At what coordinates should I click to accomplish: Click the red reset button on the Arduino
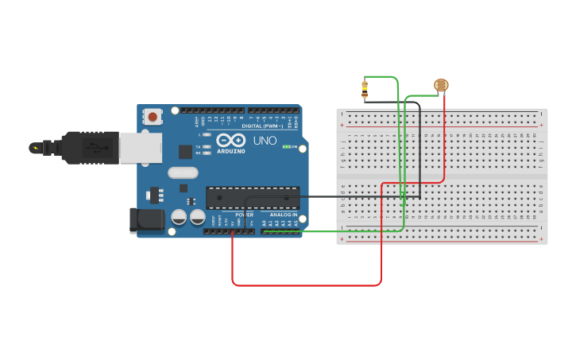tap(153, 117)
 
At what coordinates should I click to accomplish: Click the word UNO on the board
tap(265, 141)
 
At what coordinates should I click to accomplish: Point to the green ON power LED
tap(286, 147)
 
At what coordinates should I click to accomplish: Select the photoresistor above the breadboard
tap(441, 85)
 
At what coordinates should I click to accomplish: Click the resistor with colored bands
tap(365, 88)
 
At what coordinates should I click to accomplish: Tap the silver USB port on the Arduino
tap(141, 148)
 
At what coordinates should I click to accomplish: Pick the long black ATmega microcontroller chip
tap(253, 198)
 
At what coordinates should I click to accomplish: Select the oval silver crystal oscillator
tap(182, 172)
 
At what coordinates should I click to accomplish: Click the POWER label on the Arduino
tap(244, 215)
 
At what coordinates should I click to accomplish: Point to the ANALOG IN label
tap(283, 215)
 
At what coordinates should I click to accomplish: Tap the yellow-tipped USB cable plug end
tap(35, 147)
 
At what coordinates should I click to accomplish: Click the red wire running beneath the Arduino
tap(306, 285)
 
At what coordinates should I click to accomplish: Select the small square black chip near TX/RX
tap(186, 151)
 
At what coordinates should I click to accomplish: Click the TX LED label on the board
tap(198, 147)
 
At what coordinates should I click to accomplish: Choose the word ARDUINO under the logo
tap(231, 150)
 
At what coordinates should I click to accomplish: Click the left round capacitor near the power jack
tap(180, 217)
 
